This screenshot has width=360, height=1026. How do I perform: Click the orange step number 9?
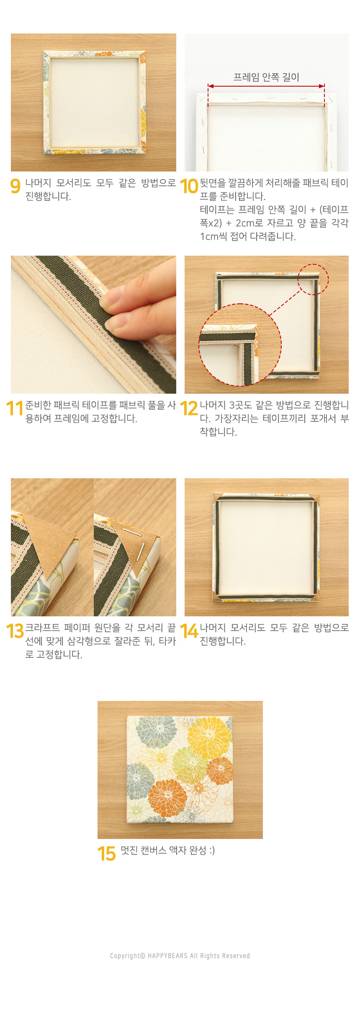15,186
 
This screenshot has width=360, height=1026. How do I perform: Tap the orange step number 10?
189,186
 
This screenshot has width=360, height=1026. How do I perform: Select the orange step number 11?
14,408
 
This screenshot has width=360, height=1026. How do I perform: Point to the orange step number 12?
189,408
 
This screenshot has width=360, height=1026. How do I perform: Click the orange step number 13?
15,631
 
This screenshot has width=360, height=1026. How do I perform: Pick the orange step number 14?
189,631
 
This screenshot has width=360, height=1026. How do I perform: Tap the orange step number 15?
106,854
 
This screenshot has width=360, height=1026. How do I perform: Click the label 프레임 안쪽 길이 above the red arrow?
266,77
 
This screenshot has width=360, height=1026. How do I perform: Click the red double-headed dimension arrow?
266,86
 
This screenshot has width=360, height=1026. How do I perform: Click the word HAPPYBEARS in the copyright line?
167,956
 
